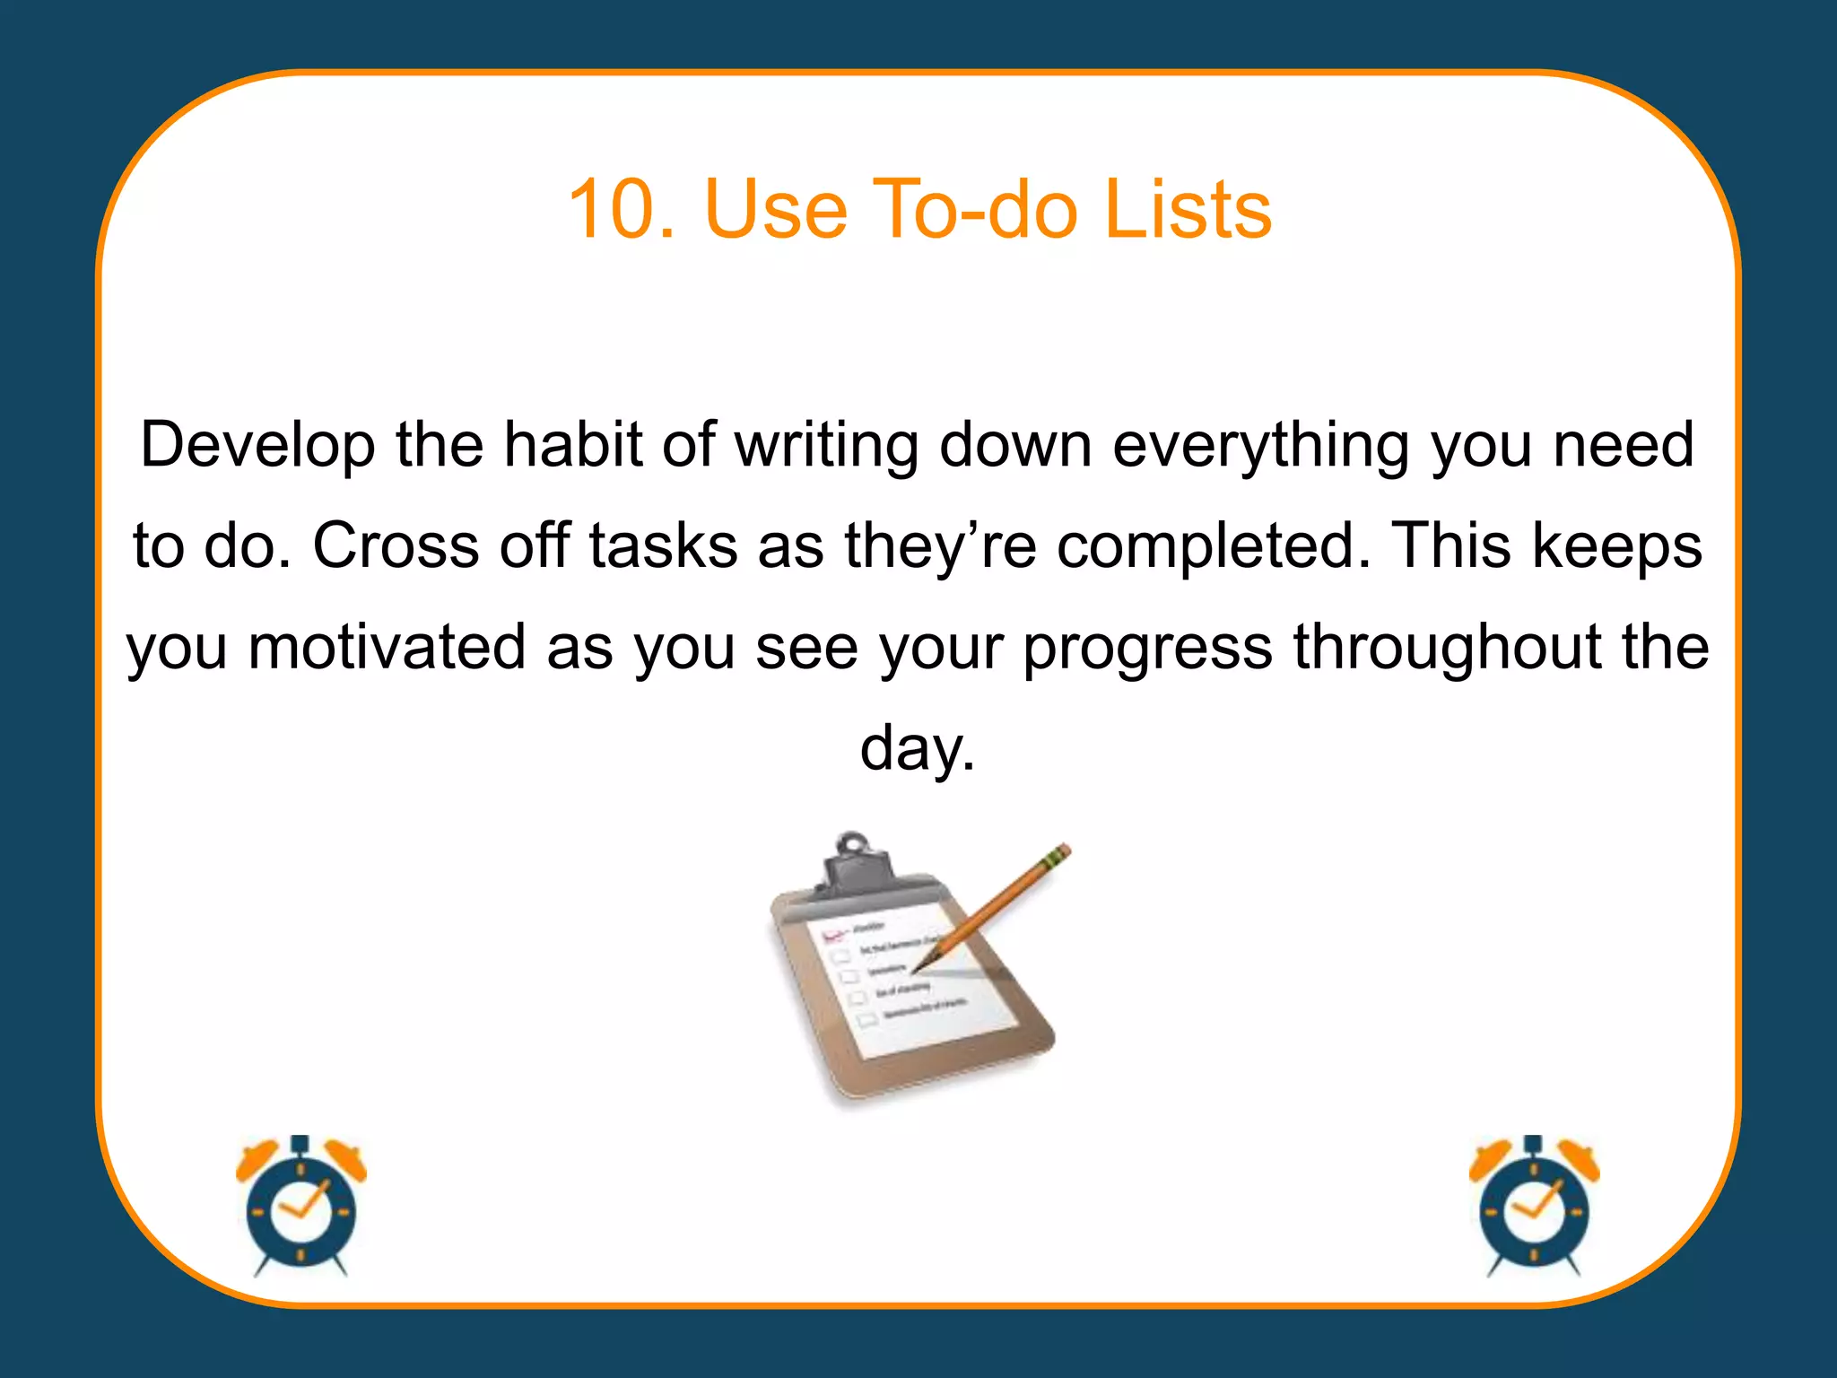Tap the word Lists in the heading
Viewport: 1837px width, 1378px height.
tap(1188, 210)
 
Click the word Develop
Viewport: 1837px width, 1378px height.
tap(257, 446)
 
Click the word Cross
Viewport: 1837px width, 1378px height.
tap(396, 545)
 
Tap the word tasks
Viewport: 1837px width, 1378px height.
tap(663, 545)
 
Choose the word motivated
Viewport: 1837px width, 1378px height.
tap(387, 647)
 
